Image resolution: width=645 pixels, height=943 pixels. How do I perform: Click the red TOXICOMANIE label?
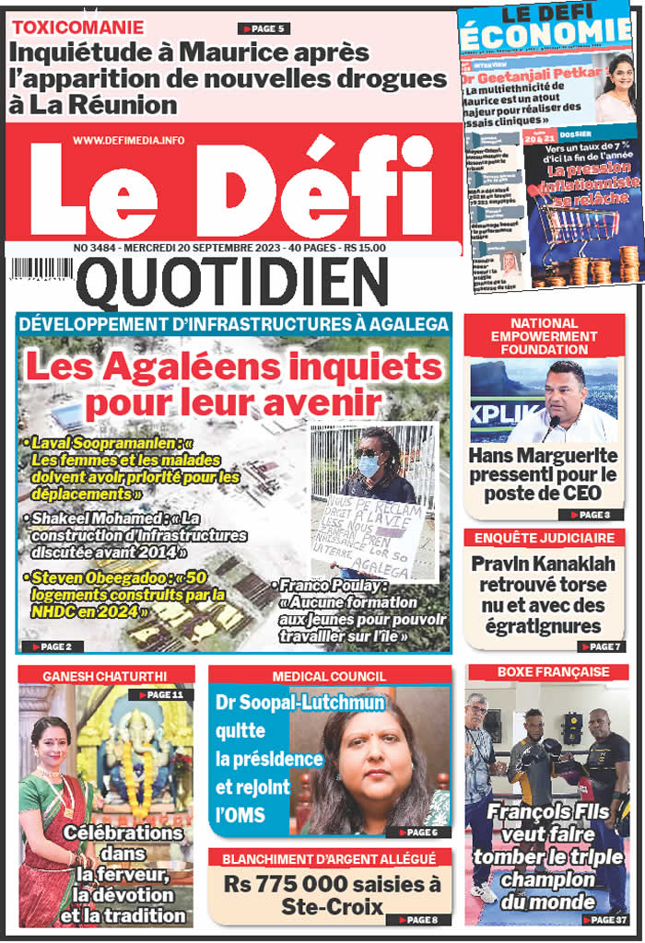(x=77, y=28)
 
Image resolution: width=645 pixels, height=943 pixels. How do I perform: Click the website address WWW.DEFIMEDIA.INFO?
(x=128, y=140)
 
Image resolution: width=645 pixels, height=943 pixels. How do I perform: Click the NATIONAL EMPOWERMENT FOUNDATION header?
(x=544, y=336)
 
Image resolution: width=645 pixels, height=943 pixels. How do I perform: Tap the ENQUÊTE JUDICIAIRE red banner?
(x=544, y=537)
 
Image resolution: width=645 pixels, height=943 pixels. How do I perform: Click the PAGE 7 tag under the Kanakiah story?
(x=603, y=647)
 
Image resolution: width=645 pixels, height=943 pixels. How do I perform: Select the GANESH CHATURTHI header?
(x=106, y=675)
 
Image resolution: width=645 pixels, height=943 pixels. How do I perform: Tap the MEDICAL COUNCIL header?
(x=329, y=675)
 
